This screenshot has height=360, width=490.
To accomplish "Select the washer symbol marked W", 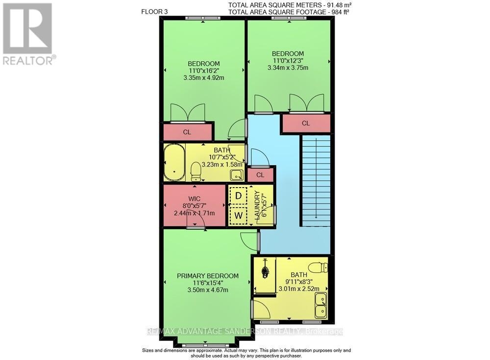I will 239,215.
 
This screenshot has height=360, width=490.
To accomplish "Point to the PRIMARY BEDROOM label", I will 208,276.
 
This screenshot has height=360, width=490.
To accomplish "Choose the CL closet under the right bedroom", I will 306,123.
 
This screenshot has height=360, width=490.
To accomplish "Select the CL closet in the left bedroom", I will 187,132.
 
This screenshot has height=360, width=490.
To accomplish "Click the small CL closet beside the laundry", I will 260,174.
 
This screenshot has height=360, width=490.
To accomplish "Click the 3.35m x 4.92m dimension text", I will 204,78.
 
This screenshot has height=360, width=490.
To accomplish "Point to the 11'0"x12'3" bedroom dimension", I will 288,61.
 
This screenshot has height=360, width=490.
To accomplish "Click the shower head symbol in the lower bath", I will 266,270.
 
